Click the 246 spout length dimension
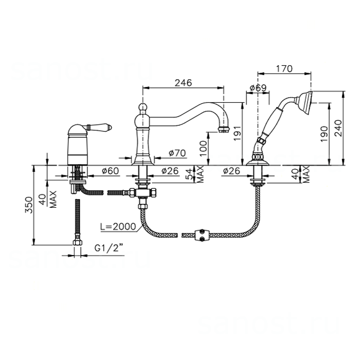tap(183, 82)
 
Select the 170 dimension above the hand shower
tap(284, 68)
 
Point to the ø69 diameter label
tap(257, 88)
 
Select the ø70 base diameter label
tap(176, 153)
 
